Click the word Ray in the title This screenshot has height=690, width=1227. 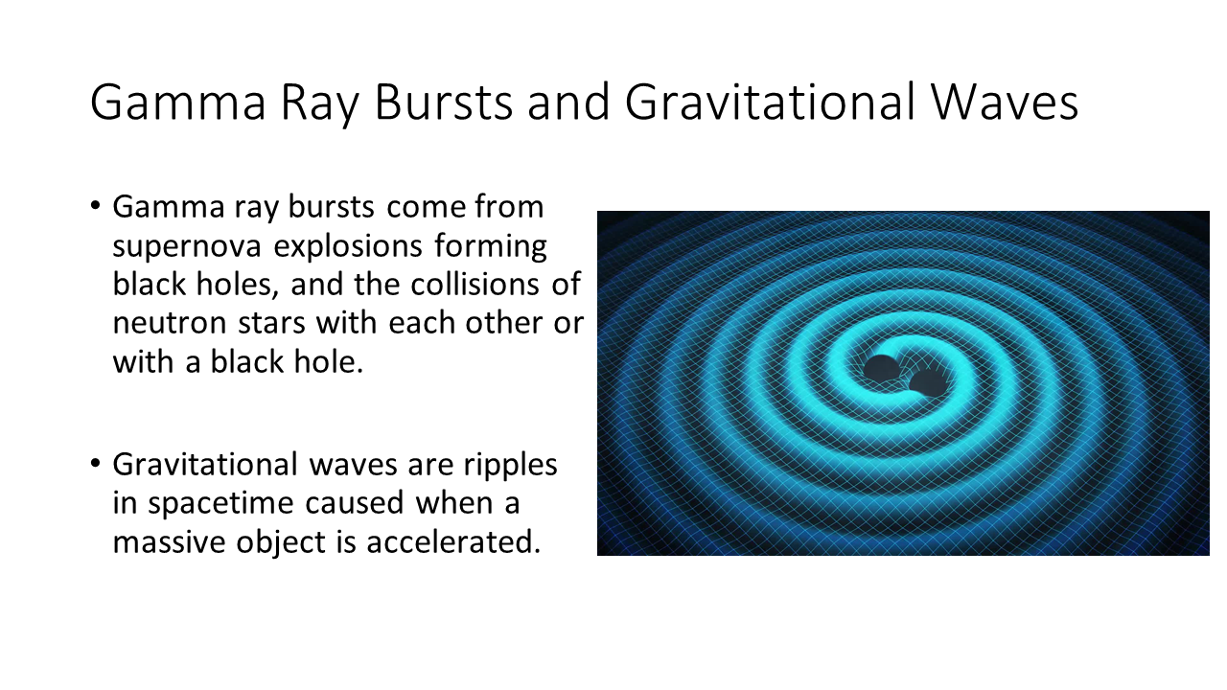tap(320, 103)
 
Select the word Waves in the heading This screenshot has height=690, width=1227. tap(1005, 102)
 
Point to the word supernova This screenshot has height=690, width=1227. tap(187, 247)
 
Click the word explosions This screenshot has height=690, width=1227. tap(348, 246)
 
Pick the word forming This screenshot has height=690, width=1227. tap(491, 246)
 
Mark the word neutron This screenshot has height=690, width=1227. tap(170, 323)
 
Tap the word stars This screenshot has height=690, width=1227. tap(271, 323)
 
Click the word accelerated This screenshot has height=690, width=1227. tap(453, 541)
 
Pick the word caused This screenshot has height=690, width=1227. tap(355, 503)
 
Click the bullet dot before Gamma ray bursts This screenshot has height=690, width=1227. tap(95, 207)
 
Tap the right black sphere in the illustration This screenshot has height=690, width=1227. tap(928, 382)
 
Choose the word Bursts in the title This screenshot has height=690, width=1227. tap(444, 102)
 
